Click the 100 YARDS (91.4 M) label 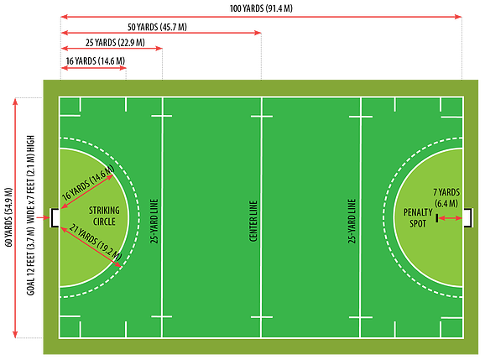(261, 8)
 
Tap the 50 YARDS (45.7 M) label (157, 27)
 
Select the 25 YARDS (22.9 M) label (115, 43)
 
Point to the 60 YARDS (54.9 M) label (8, 217)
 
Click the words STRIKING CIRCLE (104, 217)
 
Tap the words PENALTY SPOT (418, 217)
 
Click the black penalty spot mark (436, 218)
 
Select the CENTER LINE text (253, 221)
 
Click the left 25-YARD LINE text (154, 221)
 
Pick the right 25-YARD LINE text (352, 221)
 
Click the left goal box (55, 217)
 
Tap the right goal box (468, 217)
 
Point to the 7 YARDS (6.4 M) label (446, 198)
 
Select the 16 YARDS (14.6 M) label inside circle (88, 182)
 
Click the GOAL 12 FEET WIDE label (30, 216)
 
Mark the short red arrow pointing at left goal (43, 217)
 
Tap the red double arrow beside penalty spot (451, 218)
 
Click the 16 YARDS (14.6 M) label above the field (96, 61)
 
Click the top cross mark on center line (262, 117)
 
